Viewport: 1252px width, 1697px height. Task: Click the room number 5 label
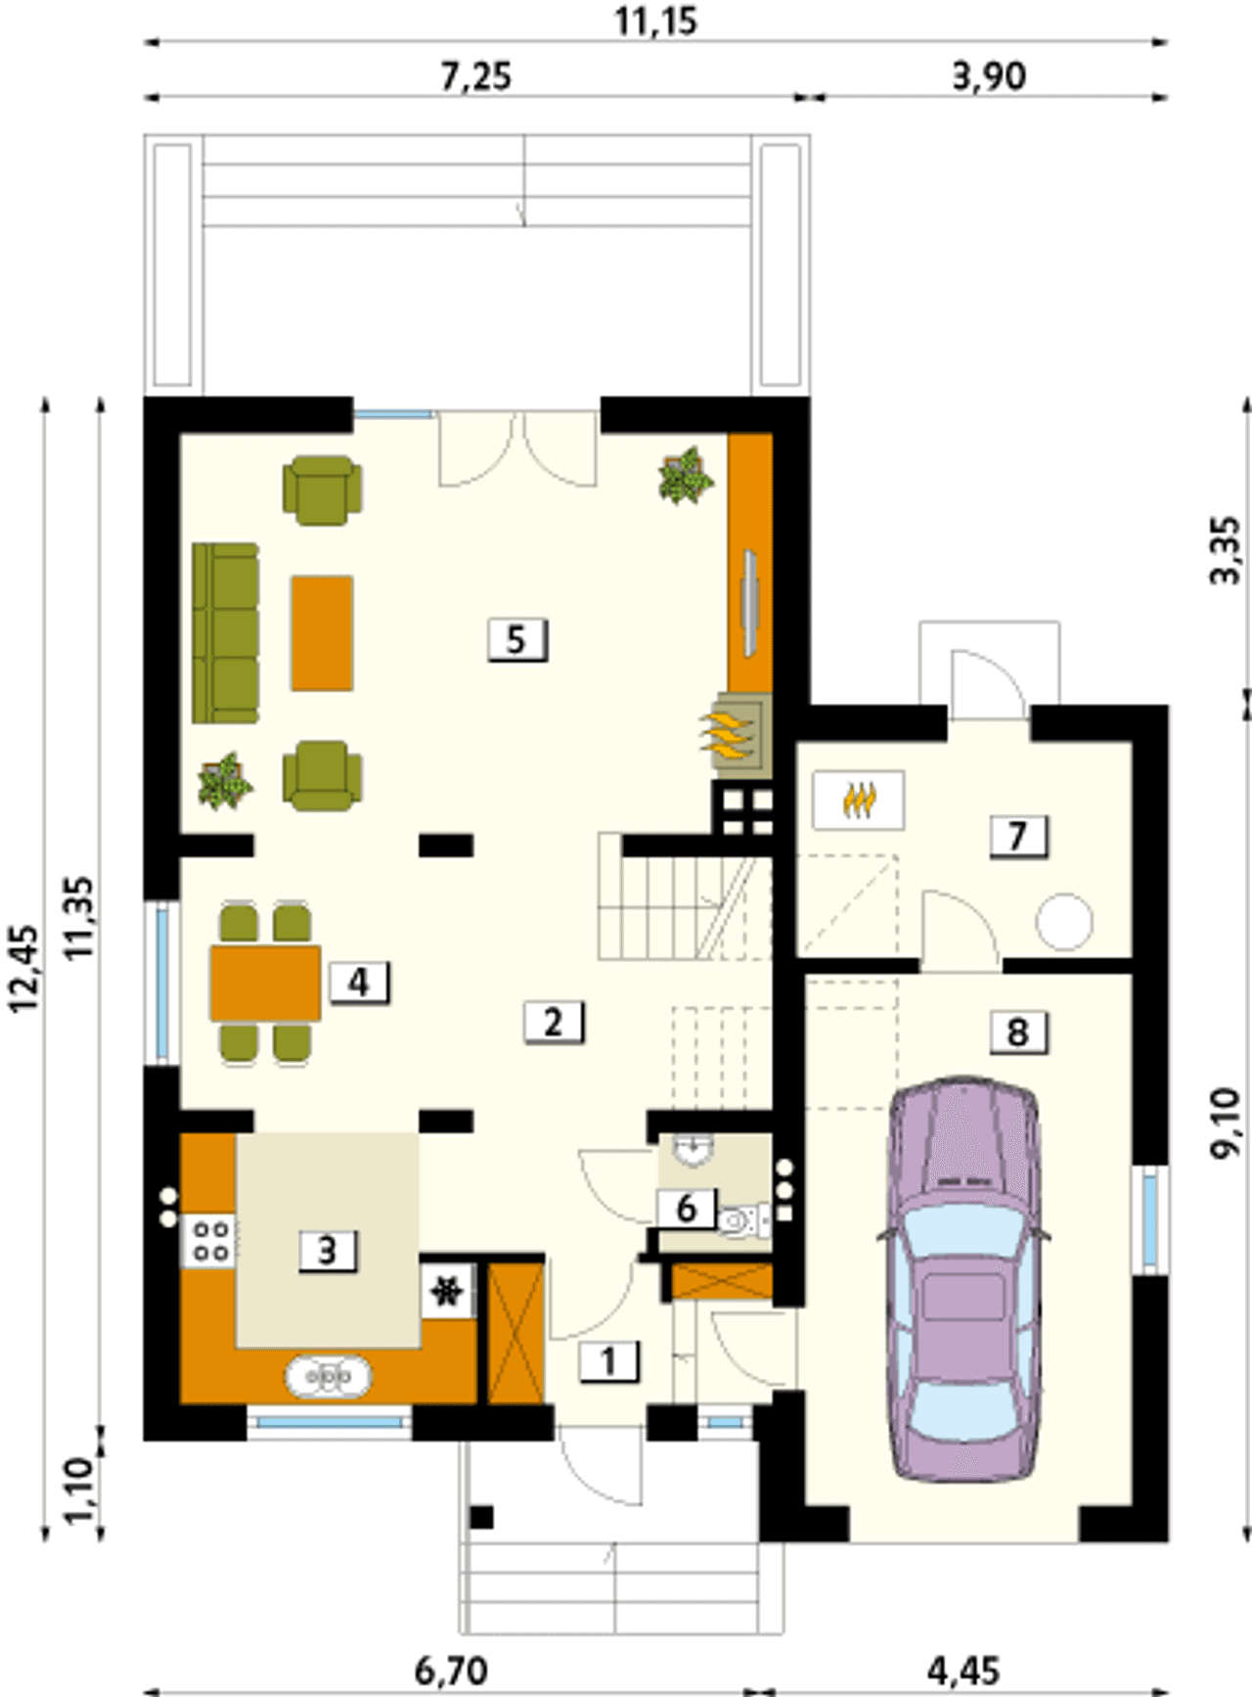tap(516, 640)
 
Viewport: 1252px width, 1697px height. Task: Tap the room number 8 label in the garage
tap(1018, 1032)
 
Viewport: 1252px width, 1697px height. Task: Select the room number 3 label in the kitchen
tap(327, 1250)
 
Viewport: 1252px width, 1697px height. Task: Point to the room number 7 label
tap(1018, 837)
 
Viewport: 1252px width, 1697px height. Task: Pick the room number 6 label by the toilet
tap(686, 1209)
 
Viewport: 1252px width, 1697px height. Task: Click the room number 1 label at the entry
tap(609, 1361)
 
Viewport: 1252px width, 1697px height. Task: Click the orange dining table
tap(266, 983)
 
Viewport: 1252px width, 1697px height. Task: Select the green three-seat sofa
tap(226, 633)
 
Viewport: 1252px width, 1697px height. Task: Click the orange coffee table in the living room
tap(322, 633)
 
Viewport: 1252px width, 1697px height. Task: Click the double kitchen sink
tap(329, 1376)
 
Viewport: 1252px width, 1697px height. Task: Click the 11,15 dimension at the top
tap(656, 21)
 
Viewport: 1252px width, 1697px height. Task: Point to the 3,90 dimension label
tap(990, 75)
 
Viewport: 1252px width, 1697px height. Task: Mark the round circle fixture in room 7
tap(1064, 922)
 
